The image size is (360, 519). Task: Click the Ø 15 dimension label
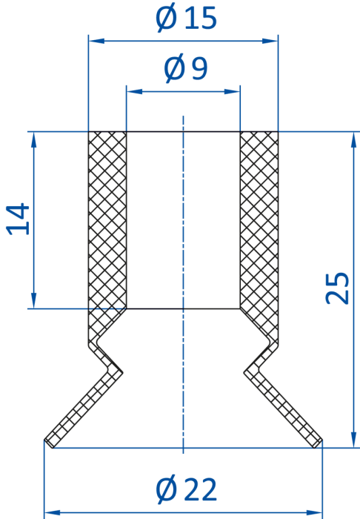coord(186,18)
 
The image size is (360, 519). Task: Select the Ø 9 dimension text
coord(186,68)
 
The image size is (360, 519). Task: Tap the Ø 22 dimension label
coord(186,490)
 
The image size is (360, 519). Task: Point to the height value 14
coord(19,219)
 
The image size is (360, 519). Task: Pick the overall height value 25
coord(337,288)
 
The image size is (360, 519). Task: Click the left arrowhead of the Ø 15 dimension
coord(96,41)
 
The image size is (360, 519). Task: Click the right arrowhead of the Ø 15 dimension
coord(270,41)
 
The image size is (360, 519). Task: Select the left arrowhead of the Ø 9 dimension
coord(134,91)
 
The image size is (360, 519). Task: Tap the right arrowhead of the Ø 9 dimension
coord(232,91)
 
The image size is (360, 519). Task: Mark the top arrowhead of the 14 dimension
coord(33,140)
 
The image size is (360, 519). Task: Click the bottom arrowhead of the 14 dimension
coord(33,300)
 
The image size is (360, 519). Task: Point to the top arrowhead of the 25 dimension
coord(354,140)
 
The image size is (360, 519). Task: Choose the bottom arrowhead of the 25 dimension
coord(354,440)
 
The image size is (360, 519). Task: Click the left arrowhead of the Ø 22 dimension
coord(52,513)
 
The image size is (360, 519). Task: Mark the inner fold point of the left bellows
coord(123,373)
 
